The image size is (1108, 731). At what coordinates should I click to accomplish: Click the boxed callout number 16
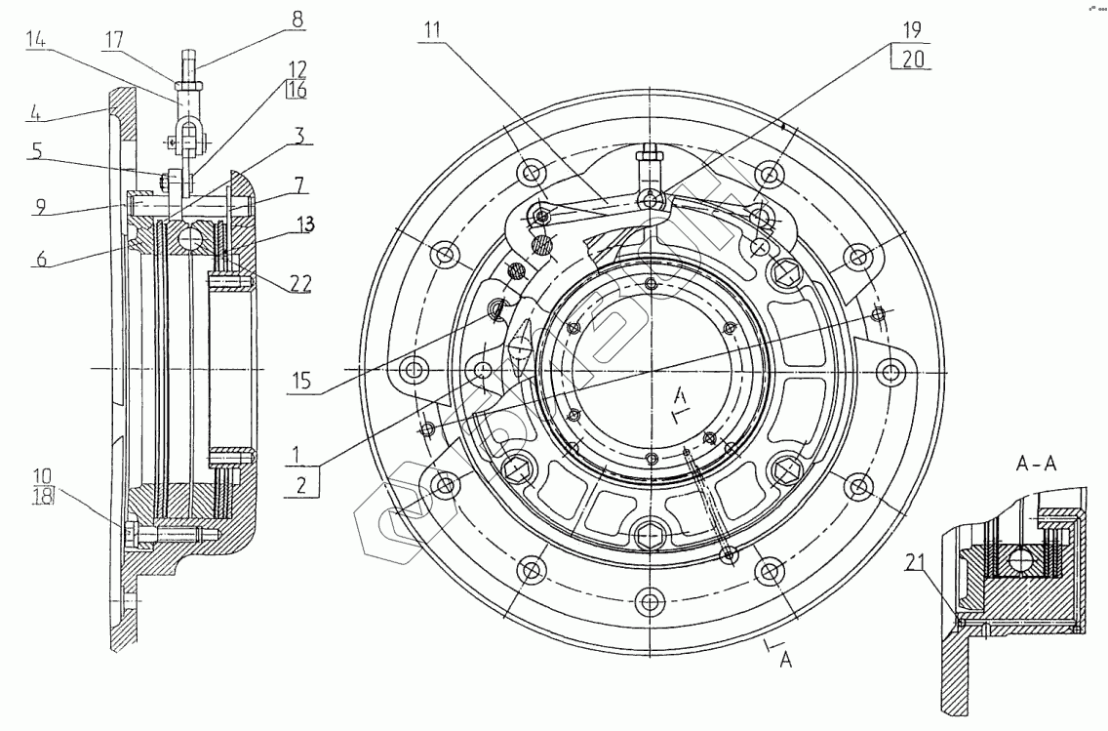point(297,90)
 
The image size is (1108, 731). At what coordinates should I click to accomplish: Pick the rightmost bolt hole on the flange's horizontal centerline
point(890,370)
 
